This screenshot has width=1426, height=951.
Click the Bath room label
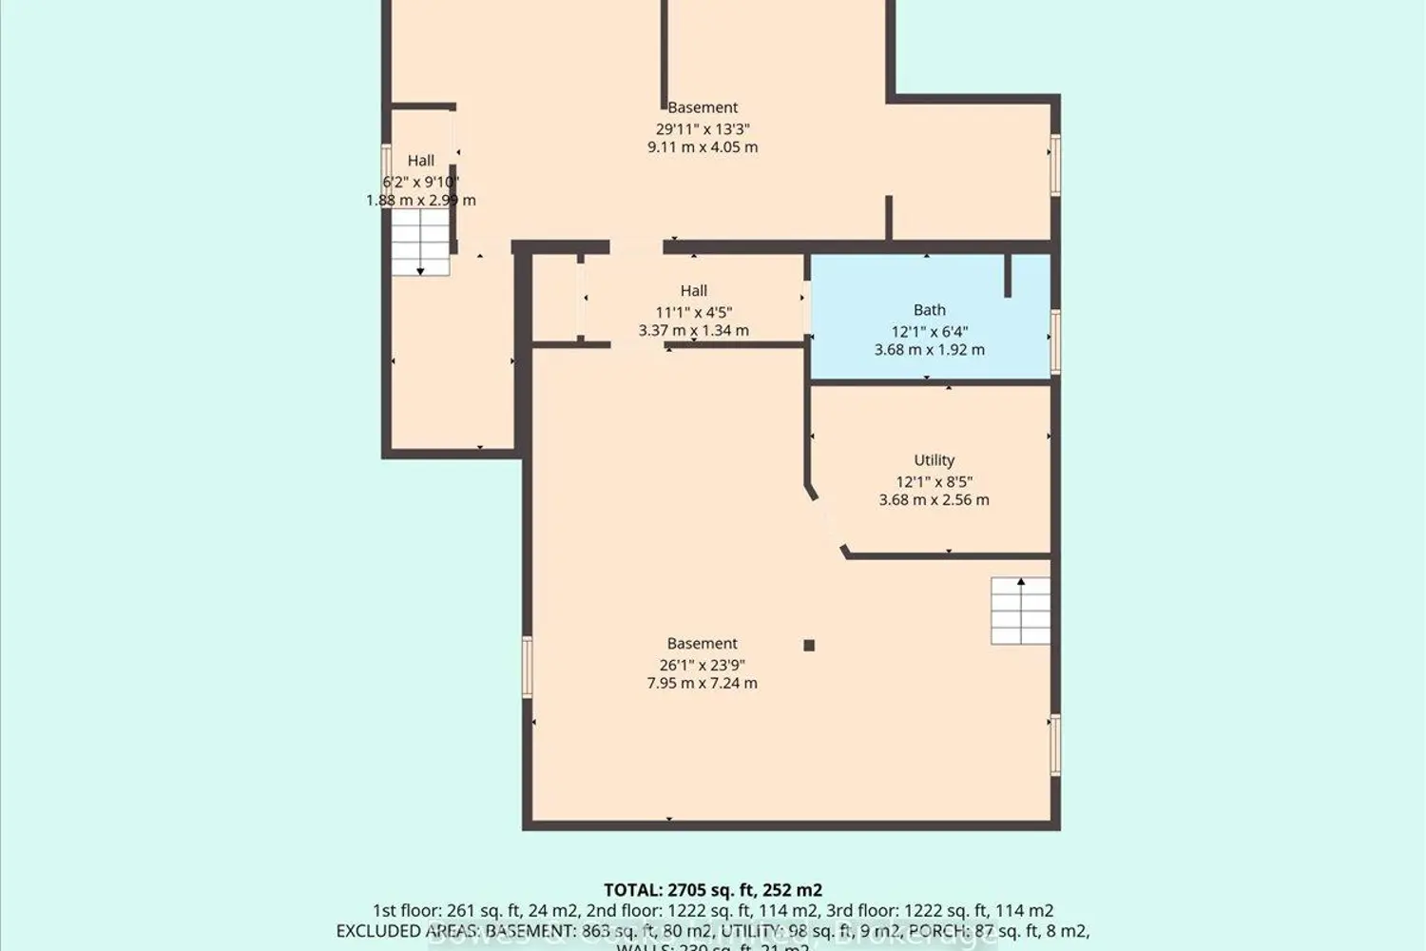tap(929, 310)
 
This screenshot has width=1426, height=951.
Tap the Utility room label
tap(934, 460)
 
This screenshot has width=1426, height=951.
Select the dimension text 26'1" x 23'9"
tap(702, 666)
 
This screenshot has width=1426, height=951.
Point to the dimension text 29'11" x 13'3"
tap(703, 129)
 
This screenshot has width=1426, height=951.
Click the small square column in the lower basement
tap(809, 646)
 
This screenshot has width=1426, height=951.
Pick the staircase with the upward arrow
tap(1020, 611)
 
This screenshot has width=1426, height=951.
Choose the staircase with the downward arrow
tap(420, 243)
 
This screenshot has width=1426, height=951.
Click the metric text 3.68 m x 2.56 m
tap(934, 500)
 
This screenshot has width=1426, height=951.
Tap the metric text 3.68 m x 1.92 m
tap(929, 350)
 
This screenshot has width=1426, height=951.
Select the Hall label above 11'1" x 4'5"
tap(693, 291)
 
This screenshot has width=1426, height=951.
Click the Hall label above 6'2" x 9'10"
tap(420, 161)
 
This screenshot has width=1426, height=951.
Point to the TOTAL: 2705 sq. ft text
tap(713, 890)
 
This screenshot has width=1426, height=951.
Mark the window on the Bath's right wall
tap(1054, 341)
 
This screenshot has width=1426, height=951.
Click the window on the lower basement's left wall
tap(528, 668)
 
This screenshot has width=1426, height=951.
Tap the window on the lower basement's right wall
tap(1054, 745)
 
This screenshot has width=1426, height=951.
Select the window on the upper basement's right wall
tap(1054, 165)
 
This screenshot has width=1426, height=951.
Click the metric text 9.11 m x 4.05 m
tap(703, 147)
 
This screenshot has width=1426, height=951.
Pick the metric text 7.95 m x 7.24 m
tap(702, 684)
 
